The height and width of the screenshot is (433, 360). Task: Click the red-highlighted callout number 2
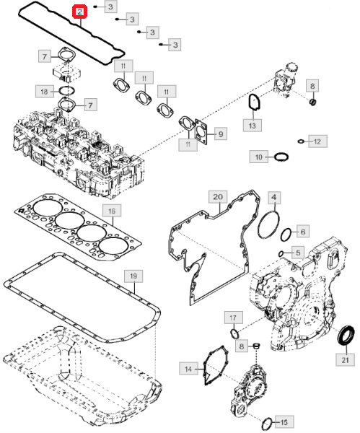tap(79, 12)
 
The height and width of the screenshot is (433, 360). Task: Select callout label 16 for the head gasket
tap(112, 211)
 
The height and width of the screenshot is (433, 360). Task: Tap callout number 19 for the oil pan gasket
tap(133, 276)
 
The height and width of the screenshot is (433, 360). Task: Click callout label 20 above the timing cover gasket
tap(218, 197)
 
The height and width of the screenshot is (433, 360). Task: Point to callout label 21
tap(345, 359)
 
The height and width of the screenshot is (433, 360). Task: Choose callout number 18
tap(45, 92)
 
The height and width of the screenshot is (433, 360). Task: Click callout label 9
tap(221, 134)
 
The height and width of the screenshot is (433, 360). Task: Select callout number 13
tap(253, 126)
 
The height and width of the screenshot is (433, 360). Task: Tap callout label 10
tap(258, 157)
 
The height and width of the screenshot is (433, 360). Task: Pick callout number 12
tap(317, 141)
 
